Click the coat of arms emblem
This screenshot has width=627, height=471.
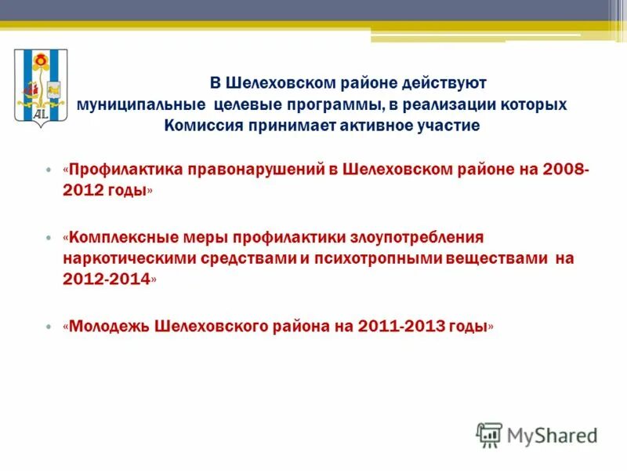pos(41,88)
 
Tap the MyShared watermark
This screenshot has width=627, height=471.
pos(538,434)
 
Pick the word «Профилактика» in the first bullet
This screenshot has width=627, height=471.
pos(126,170)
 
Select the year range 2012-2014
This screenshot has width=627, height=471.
pos(106,279)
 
